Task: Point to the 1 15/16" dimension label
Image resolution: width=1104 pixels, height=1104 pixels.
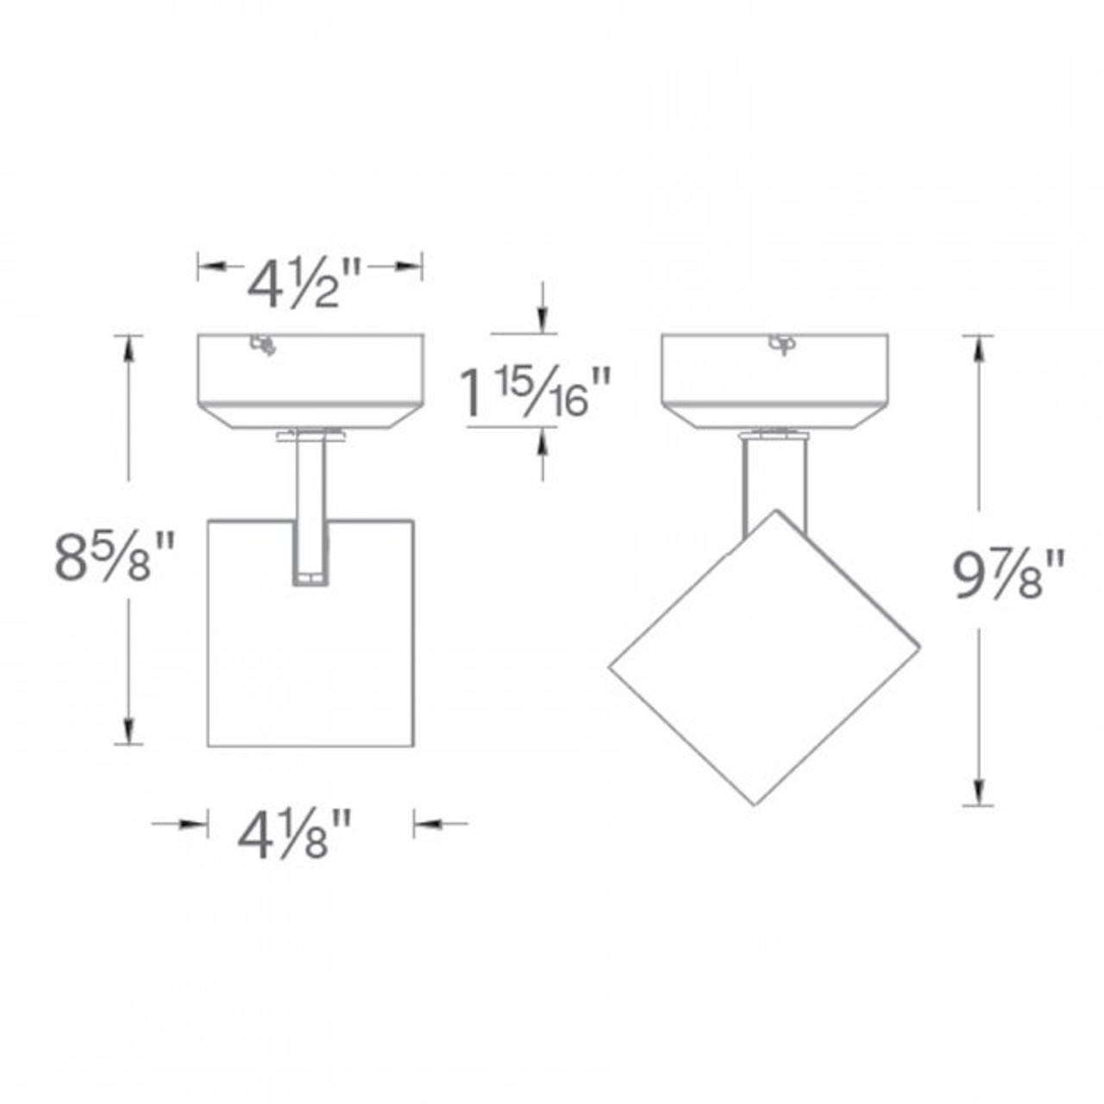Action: tap(536, 393)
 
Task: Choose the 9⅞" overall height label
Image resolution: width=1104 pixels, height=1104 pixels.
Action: tap(1007, 574)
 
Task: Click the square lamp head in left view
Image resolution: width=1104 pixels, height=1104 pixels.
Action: tap(310, 655)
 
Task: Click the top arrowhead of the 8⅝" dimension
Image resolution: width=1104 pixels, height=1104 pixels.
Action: tap(129, 346)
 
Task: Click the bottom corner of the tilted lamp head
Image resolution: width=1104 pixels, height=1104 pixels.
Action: tap(755, 804)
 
